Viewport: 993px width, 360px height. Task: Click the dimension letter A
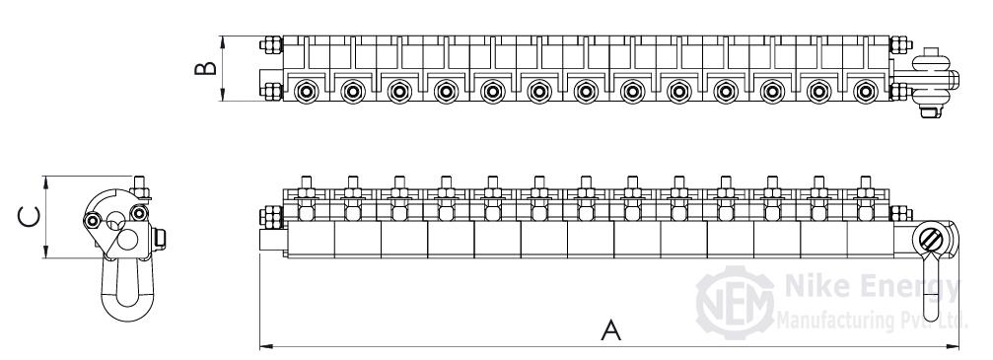(610, 330)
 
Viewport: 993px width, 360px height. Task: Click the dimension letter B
(205, 68)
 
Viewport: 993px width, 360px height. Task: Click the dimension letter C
(29, 217)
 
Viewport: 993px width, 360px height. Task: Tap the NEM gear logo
(736, 303)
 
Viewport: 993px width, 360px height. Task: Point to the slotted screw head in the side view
(932, 240)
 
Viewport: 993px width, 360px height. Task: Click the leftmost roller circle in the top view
(307, 92)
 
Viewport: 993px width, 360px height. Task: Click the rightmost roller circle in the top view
(866, 92)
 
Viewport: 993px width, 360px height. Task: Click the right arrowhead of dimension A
(954, 347)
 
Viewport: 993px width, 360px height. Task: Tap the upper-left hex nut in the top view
(271, 45)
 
